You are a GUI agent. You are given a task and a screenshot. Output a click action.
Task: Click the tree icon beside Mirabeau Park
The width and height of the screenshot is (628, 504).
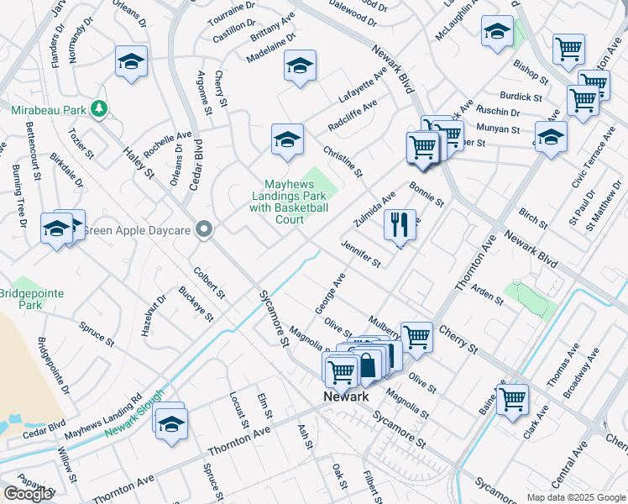click(100, 108)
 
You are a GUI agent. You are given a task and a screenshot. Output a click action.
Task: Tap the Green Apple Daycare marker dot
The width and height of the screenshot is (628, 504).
click(203, 228)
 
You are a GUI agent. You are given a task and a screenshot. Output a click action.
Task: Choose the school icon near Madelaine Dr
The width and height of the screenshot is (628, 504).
click(299, 66)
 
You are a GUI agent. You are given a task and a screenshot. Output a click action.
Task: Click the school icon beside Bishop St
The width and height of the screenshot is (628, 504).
click(497, 31)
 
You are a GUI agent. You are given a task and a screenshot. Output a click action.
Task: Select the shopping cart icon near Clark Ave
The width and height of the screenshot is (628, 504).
click(511, 399)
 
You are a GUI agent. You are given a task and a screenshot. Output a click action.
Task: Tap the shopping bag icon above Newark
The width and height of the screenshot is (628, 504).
click(368, 365)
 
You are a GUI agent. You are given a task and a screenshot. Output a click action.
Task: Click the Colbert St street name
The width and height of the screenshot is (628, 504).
click(209, 283)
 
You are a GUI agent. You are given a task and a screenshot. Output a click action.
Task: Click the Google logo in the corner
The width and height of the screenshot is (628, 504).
click(28, 493)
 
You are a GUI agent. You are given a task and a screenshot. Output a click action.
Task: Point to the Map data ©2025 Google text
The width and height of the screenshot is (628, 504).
click(575, 497)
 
